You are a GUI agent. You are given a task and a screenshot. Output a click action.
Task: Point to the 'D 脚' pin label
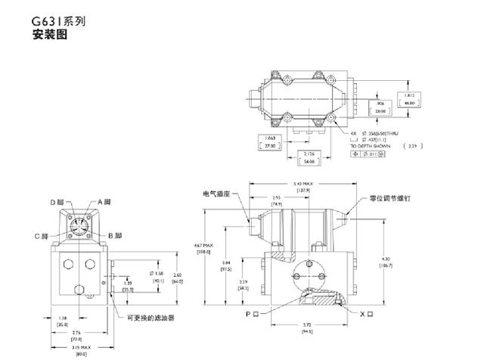coord(57,202)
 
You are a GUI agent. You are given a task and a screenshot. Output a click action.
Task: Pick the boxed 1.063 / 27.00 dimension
coord(269,141)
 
